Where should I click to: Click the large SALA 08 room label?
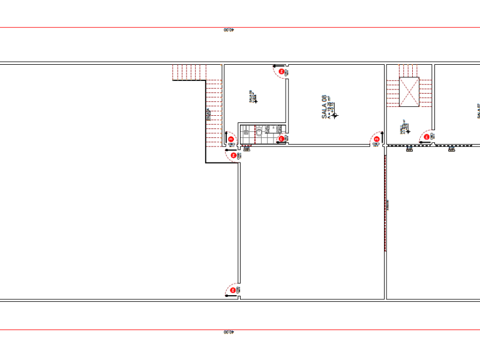coord(324,106)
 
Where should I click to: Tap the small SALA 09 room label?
coord(251,96)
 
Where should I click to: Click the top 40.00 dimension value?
coord(228,29)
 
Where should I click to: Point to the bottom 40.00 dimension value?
coord(228,332)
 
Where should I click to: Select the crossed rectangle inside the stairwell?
coord(410,92)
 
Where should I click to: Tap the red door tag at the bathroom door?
coord(281,139)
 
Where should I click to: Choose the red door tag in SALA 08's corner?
coord(376,139)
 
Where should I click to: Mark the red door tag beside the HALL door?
coord(427,137)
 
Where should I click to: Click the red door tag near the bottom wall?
coord(232,292)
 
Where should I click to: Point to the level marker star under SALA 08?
coord(335,115)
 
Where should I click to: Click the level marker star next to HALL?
coord(409,131)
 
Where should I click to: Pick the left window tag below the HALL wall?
coord(410,149)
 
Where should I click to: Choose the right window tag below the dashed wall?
coord(452,149)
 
